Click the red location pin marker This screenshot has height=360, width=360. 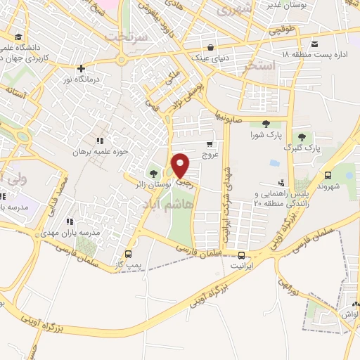(181, 165)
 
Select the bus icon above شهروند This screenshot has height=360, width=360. (329, 176)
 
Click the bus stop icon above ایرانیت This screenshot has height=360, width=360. (241, 256)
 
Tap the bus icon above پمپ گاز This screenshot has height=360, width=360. (128, 254)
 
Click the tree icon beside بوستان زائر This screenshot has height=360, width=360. (154, 174)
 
